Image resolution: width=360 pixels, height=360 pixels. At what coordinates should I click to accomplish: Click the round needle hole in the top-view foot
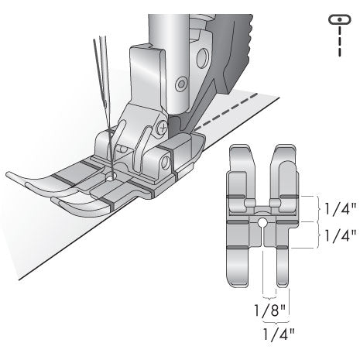coord(264,225)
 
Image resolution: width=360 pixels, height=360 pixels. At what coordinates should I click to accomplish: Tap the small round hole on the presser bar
coord(180,81)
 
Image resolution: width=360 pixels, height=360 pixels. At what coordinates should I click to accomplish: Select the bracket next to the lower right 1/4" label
coord(317,234)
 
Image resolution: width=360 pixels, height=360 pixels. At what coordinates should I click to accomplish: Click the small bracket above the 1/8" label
coord(269,297)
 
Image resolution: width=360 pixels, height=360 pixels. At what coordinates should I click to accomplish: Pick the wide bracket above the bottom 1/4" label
coord(276,319)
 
